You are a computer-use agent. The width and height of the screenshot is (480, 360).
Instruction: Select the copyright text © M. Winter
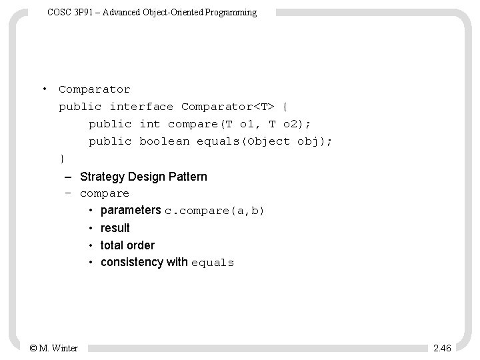point(54,348)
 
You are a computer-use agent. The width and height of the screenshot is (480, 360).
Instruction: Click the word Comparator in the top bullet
point(94,89)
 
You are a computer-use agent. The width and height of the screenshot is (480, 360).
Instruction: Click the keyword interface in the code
point(141,107)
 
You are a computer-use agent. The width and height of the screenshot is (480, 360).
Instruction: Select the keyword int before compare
point(150,124)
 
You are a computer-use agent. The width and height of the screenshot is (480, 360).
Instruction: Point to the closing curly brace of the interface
point(62,159)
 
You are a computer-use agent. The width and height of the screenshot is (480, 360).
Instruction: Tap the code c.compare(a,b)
point(215,211)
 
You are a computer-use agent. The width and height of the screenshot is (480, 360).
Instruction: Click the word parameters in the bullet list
point(131,211)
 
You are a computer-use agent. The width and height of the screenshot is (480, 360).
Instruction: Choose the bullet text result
point(115,228)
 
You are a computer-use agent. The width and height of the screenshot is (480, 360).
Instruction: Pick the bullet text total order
point(127,245)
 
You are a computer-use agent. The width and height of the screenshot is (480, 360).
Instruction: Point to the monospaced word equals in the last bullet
point(213,263)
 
